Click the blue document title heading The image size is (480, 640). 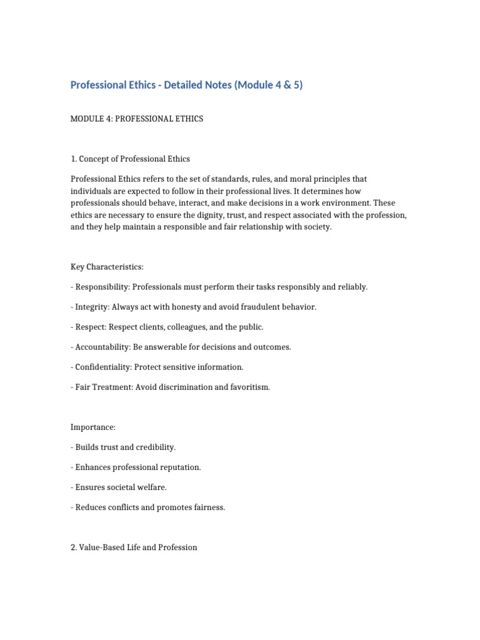click(186, 85)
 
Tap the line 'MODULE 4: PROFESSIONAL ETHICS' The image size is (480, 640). click(137, 119)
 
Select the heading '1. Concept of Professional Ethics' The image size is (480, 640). click(130, 159)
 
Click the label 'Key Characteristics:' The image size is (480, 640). click(107, 267)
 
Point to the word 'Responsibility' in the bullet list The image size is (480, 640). click(100, 287)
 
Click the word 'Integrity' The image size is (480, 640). click(91, 307)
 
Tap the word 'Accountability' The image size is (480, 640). click(102, 347)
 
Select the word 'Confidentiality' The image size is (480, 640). click(102, 367)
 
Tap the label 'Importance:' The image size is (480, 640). click(93, 427)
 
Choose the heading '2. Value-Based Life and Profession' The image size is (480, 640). click(134, 547)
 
